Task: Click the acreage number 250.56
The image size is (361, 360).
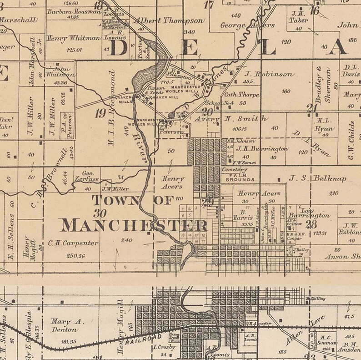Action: pos(75,256)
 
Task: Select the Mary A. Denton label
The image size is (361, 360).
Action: pos(65,325)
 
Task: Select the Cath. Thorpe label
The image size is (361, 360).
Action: pos(242,95)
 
